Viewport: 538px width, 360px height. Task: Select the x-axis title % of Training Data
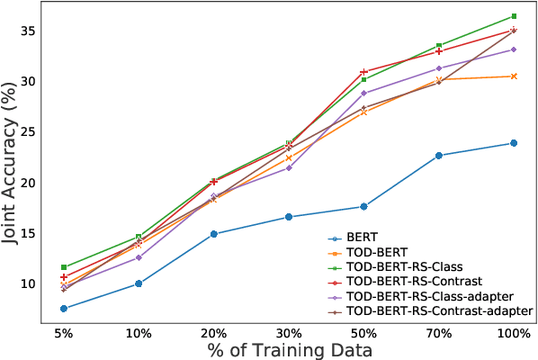(288, 349)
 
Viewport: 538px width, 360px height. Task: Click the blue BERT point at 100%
(514, 143)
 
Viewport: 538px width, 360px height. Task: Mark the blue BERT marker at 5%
(63, 309)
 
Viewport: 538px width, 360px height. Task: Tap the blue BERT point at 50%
(363, 206)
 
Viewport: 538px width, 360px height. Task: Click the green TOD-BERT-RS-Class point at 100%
(514, 16)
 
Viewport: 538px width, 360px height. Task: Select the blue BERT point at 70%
(439, 155)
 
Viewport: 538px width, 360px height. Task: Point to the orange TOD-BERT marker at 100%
(514, 76)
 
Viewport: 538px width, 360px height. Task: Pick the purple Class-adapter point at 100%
(514, 49)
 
